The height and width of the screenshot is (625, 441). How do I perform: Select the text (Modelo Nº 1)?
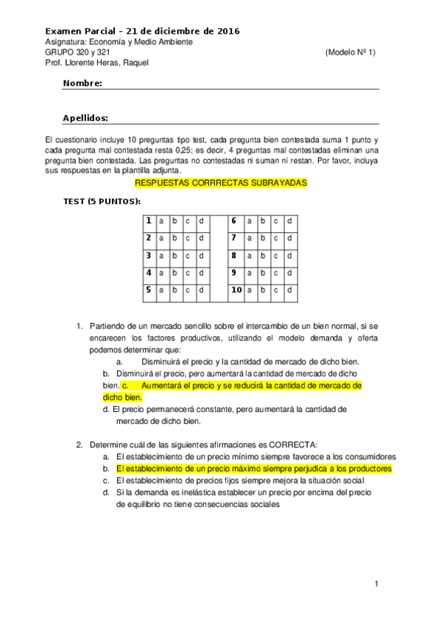click(x=350, y=52)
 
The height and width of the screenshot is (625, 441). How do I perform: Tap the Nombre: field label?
click(x=82, y=83)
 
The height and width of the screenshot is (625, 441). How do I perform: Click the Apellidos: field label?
click(x=86, y=118)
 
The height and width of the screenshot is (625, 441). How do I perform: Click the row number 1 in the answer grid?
click(x=149, y=221)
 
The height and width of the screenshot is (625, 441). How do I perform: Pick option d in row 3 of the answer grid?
click(x=201, y=256)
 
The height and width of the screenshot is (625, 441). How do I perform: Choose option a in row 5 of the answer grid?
click(x=162, y=290)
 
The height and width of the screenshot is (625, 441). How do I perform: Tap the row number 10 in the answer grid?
click(x=236, y=290)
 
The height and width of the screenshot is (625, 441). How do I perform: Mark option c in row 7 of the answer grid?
click(x=277, y=238)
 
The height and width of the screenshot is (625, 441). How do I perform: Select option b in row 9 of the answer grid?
click(x=263, y=273)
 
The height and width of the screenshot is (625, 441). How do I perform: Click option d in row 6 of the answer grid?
click(x=290, y=221)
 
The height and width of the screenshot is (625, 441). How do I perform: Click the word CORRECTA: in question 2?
click(x=292, y=444)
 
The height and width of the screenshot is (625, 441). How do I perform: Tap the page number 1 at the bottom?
click(x=375, y=584)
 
